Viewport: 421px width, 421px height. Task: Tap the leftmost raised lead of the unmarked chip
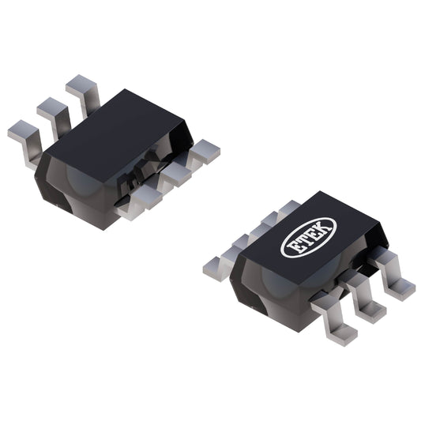pyautogui.click(x=24, y=136)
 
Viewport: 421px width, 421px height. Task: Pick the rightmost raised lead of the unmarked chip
pyautogui.click(x=81, y=89)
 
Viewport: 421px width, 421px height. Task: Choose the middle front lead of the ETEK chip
pyautogui.click(x=368, y=304)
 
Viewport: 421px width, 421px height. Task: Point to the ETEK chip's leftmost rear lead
pyautogui.click(x=218, y=265)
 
